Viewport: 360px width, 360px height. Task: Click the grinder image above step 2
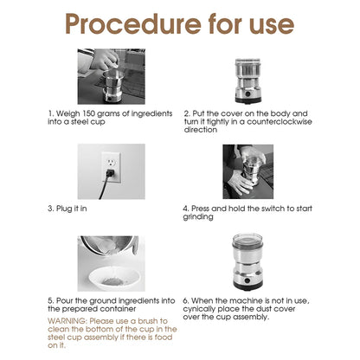(248, 78)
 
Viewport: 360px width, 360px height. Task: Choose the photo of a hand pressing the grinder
(248, 170)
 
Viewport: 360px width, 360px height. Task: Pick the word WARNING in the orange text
(67, 321)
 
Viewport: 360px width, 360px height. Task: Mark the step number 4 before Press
(185, 209)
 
